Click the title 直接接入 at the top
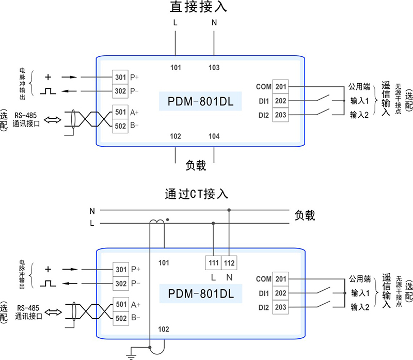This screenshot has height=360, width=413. (x=199, y=7)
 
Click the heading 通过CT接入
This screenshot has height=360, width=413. (x=196, y=194)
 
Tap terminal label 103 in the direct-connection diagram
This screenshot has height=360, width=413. (x=214, y=68)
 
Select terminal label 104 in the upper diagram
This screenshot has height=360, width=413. (x=214, y=136)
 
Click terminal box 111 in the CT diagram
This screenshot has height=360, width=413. (x=213, y=263)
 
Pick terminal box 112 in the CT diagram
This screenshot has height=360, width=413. (x=230, y=263)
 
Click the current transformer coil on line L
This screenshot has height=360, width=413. (x=157, y=223)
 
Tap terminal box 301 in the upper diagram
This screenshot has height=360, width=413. (x=120, y=77)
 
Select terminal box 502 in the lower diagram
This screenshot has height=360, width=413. (x=120, y=318)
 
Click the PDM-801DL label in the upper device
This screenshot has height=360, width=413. (x=201, y=102)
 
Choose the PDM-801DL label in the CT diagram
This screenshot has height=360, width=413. (x=201, y=294)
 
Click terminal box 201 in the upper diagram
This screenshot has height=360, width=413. (x=281, y=87)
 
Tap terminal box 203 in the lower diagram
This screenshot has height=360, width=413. (x=281, y=307)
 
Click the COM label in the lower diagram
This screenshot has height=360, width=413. (x=263, y=279)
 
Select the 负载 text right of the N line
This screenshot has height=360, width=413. (x=305, y=215)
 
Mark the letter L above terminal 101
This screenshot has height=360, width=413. (x=176, y=23)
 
